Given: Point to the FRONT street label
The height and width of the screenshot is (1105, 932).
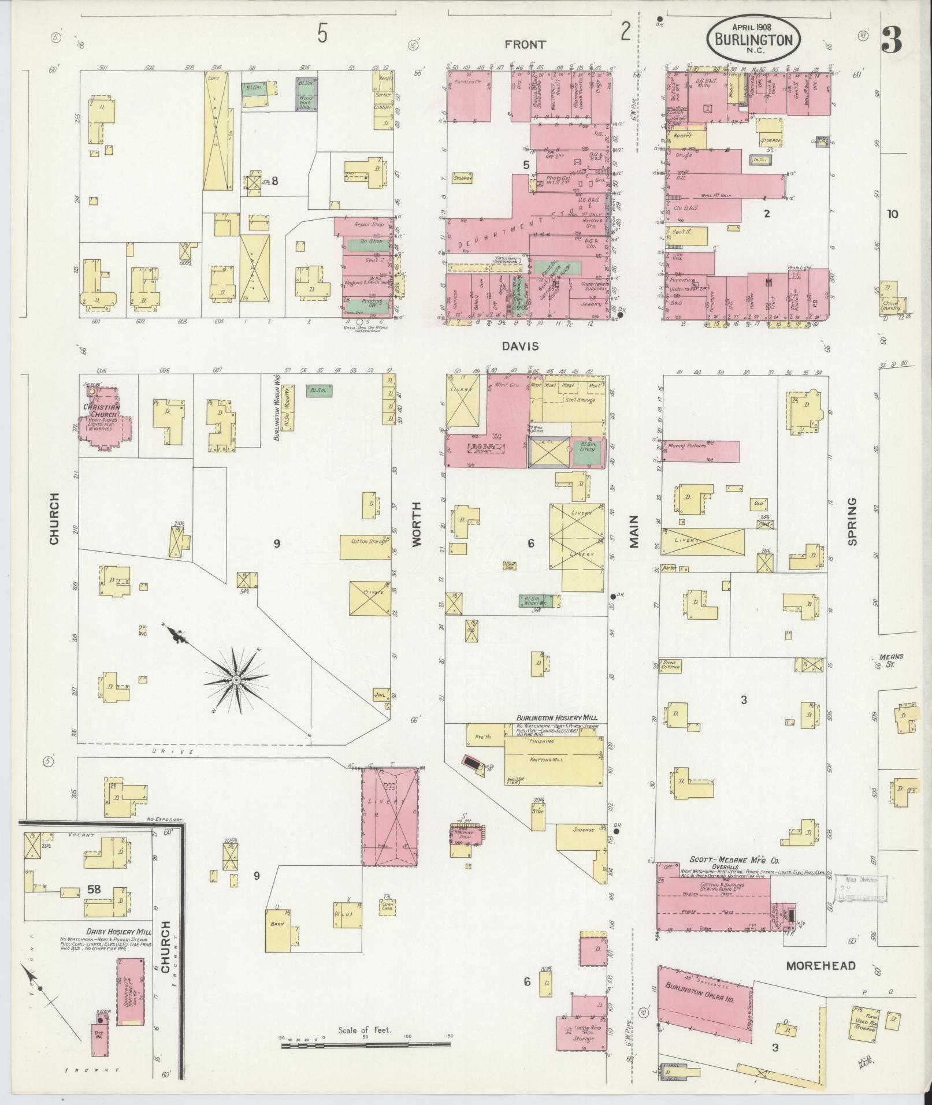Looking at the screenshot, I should click(525, 44).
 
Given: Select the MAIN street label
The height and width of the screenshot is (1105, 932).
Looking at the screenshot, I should click(634, 531).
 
